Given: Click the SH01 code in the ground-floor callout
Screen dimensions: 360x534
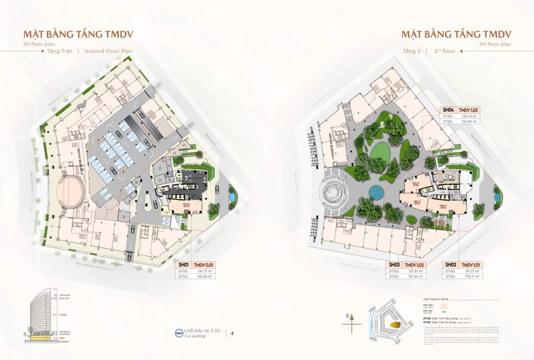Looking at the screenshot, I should pos(183,265).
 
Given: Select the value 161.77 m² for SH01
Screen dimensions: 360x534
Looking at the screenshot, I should pos(207,271).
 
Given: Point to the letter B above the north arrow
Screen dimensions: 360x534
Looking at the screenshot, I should pos(353,316).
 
